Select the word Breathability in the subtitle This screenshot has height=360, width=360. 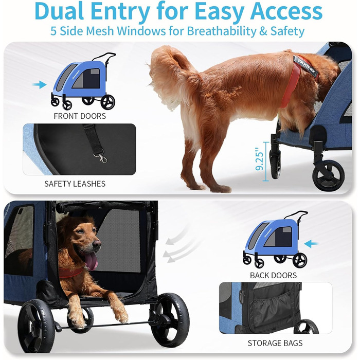click(221, 31)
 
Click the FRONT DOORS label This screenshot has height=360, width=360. click(80, 116)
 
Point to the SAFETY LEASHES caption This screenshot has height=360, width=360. click(75, 184)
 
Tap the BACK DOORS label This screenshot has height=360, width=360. click(273, 275)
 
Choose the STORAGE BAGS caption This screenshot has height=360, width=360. click(275, 343)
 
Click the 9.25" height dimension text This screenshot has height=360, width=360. click(259, 159)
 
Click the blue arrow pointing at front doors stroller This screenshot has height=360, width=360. click(39, 84)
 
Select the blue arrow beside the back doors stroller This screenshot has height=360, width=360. click(311, 244)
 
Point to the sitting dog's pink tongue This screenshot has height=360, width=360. click(92, 261)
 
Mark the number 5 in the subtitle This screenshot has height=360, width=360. click(53, 31)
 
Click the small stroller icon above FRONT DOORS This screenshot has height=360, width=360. click(84, 81)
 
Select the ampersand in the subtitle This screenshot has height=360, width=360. click(263, 31)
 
